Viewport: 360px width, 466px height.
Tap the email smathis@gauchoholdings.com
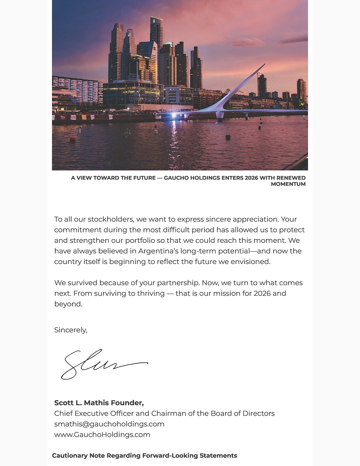click(109, 424)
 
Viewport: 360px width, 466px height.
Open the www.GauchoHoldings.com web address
click(102, 434)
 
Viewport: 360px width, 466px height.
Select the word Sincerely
click(70, 330)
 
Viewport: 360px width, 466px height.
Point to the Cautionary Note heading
click(144, 456)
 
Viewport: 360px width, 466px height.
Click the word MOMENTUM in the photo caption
click(288, 184)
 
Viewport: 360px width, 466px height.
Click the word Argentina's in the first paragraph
click(158, 251)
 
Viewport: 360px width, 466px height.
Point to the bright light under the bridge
click(174, 116)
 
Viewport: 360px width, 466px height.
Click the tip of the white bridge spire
click(264, 64)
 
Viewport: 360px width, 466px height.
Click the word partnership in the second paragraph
click(177, 283)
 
